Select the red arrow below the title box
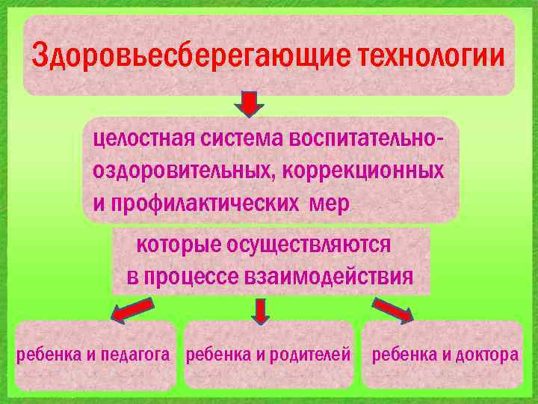pos(251,103)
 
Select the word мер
pos(327,203)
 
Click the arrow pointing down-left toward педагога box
pos(133,310)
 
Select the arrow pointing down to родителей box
pos(260,310)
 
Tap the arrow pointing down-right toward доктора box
pos(392,310)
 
